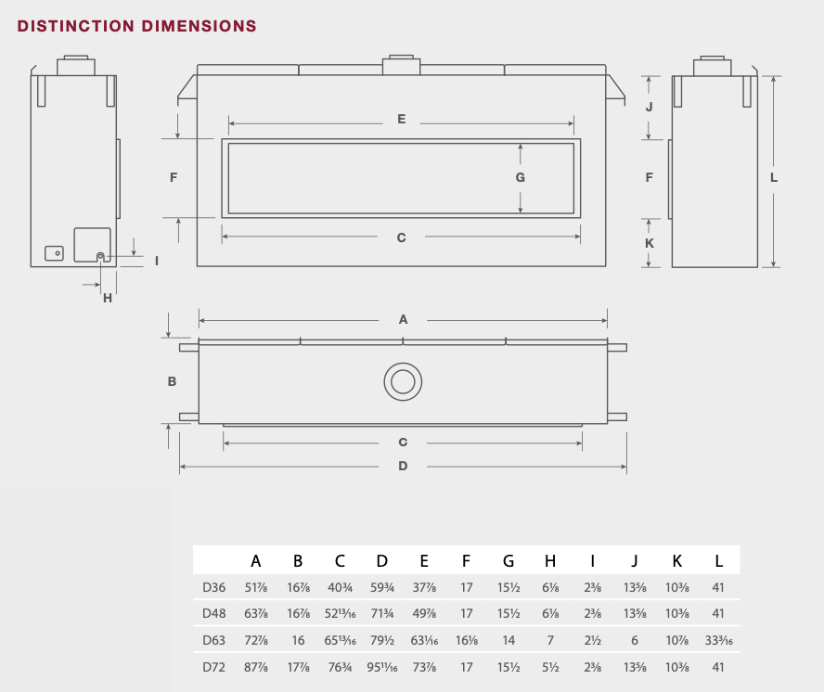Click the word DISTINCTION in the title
pyautogui.click(x=76, y=26)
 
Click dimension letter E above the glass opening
pyautogui.click(x=402, y=120)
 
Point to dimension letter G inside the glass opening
pyautogui.click(x=521, y=177)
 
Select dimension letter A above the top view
pyautogui.click(x=403, y=319)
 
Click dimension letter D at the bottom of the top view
pyautogui.click(x=403, y=466)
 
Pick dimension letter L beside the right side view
pyautogui.click(x=774, y=177)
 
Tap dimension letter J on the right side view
pyautogui.click(x=649, y=107)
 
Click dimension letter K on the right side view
pyautogui.click(x=650, y=243)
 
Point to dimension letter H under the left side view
pyautogui.click(x=108, y=298)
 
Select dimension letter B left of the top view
pyautogui.click(x=172, y=381)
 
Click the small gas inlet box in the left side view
pyautogui.click(x=54, y=253)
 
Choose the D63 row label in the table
pyautogui.click(x=213, y=640)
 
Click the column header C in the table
pyautogui.click(x=340, y=561)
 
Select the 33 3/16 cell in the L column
pyautogui.click(x=718, y=640)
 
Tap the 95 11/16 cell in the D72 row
pyautogui.click(x=382, y=667)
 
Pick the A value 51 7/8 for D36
pyautogui.click(x=256, y=587)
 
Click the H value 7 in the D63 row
pyautogui.click(x=550, y=640)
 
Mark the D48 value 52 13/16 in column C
pyautogui.click(x=340, y=614)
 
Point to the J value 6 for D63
pyautogui.click(x=635, y=640)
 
